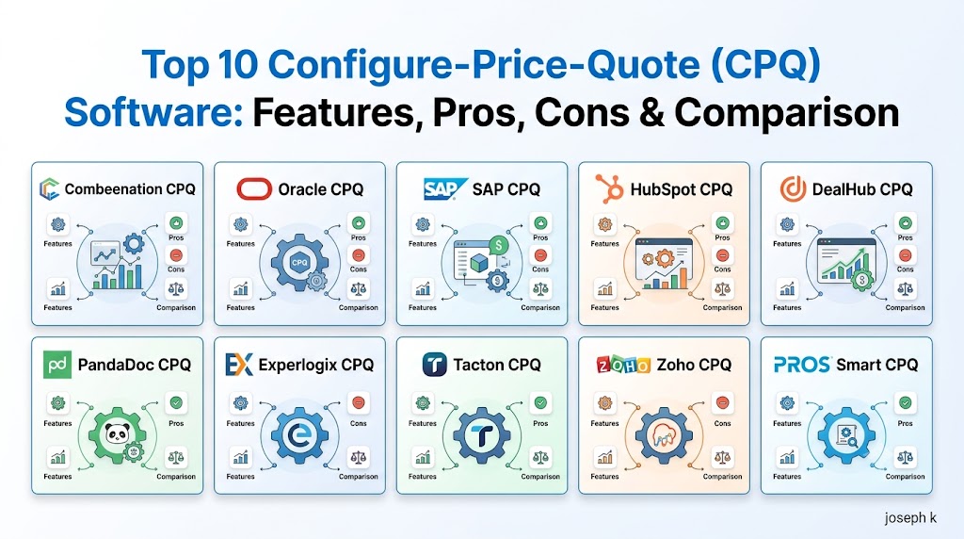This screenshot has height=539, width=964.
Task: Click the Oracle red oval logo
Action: (254, 188)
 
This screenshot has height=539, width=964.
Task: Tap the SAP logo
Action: (442, 188)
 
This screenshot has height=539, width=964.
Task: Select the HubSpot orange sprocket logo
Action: (609, 188)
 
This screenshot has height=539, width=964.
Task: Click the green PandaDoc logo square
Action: (57, 365)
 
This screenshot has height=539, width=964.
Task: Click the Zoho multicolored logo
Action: (623, 366)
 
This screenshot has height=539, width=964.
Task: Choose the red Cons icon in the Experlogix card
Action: (359, 403)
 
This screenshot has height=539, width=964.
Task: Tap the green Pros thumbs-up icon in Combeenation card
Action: (176, 222)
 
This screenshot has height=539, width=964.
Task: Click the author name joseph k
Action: (910, 517)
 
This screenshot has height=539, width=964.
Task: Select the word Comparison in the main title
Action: (786, 112)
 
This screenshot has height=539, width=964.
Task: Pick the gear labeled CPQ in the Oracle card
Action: (299, 263)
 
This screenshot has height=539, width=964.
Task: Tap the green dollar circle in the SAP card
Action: (498, 246)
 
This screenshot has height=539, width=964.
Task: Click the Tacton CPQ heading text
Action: (497, 365)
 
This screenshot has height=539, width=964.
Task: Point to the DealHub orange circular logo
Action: (793, 188)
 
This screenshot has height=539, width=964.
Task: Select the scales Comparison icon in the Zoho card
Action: (722, 457)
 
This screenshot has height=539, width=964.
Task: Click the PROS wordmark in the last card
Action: (802, 365)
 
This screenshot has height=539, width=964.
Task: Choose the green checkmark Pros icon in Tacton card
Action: (540, 403)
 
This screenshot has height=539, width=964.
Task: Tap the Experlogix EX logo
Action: (239, 365)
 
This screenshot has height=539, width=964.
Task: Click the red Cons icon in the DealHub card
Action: (905, 254)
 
